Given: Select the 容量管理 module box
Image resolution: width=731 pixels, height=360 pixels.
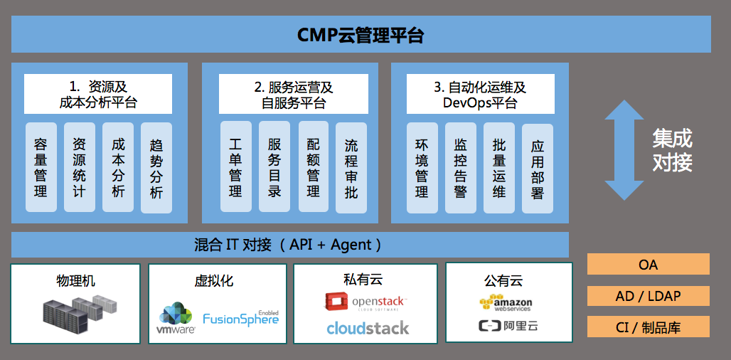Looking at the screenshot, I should coord(41,167).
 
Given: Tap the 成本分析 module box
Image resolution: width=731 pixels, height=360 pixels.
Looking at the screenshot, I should coord(117,167).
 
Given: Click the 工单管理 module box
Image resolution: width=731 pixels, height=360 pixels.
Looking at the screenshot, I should coord(235,167).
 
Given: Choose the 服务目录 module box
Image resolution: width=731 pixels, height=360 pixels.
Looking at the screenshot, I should coord(274,167).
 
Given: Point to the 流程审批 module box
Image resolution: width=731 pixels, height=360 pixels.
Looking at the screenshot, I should coord(351,168).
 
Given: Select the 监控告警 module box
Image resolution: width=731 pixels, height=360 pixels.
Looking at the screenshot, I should coord(461,167).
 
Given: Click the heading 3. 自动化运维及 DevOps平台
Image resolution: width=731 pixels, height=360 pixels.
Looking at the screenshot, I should coord(480,95).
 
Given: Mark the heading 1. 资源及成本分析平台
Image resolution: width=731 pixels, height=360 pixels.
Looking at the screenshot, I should coord(98,95).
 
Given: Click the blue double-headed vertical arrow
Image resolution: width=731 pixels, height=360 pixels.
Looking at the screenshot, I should coord(624,150).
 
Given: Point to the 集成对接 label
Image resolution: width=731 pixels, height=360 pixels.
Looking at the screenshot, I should coord(672,150).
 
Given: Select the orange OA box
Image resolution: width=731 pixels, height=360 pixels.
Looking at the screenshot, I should coord(648,265).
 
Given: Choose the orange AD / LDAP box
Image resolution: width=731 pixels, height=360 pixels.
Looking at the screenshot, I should coord(648,296).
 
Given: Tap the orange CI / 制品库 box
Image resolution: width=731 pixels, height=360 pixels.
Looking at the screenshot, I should coord(648,327).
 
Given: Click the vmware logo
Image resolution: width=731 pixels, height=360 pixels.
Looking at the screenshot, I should coord(176,319).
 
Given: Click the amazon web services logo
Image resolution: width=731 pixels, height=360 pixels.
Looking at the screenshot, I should coord(506,303).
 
